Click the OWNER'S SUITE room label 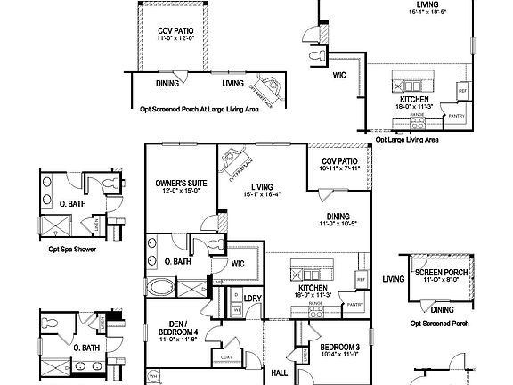tap(181, 183)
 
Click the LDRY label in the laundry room tap(252, 298)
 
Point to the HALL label tap(279, 373)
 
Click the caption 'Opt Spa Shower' tap(73, 250)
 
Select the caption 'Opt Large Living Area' tap(407, 140)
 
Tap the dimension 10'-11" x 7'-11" tap(338, 168)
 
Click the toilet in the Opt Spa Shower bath tap(109, 184)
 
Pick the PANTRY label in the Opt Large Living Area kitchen tap(457, 116)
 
